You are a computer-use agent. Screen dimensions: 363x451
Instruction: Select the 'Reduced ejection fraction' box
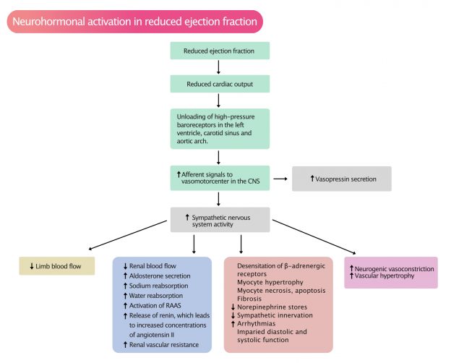click(219, 51)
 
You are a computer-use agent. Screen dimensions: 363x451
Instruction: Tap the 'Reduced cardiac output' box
click(219, 83)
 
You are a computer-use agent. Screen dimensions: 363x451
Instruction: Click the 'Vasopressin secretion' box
click(341, 179)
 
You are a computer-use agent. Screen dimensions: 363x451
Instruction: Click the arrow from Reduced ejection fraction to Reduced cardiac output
click(219, 67)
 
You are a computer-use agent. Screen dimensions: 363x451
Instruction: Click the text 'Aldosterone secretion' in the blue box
click(159, 276)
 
